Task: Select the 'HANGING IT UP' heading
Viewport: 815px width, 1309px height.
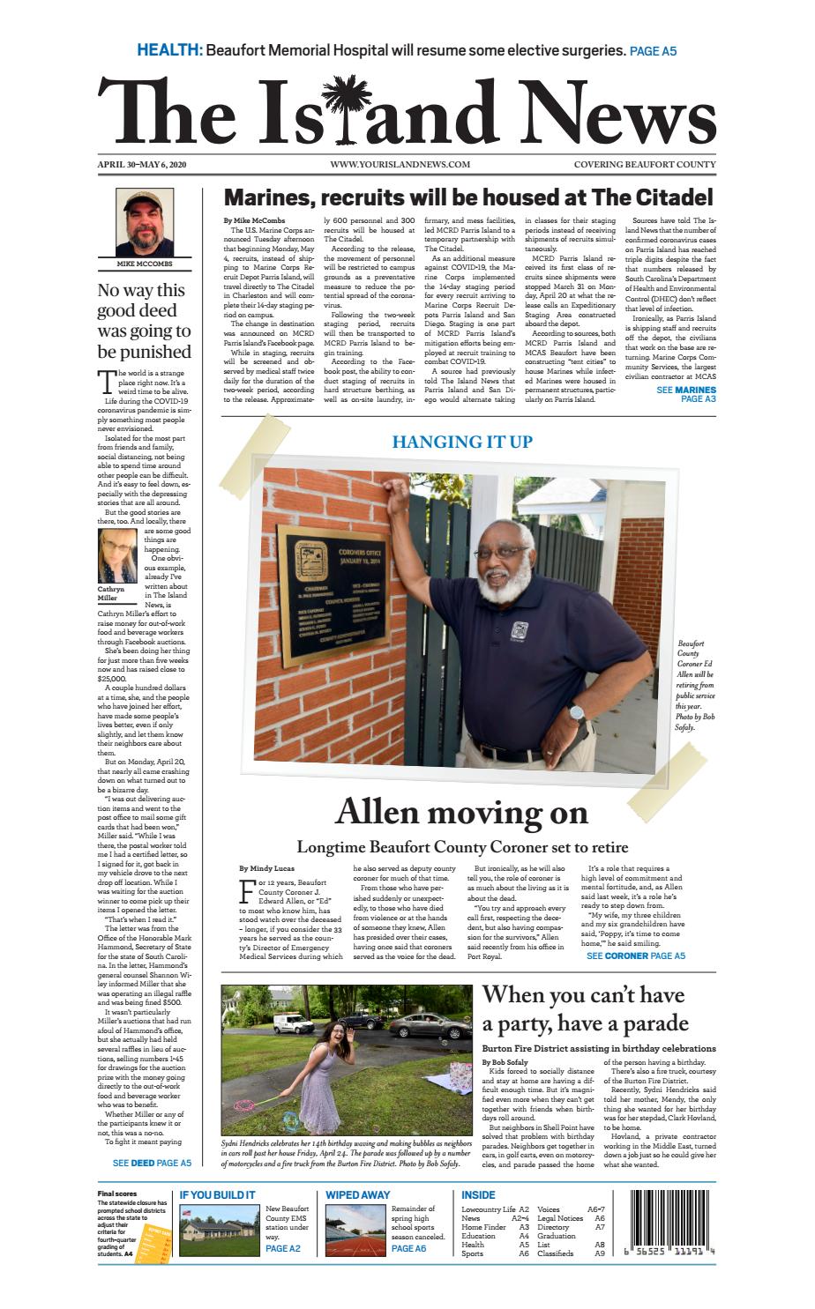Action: [462, 441]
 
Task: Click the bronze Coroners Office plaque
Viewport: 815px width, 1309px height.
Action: [334, 583]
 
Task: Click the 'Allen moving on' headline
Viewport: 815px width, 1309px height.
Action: [461, 812]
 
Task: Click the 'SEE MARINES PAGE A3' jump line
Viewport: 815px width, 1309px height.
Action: [685, 394]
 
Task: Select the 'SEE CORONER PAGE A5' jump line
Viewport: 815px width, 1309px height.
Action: [635, 956]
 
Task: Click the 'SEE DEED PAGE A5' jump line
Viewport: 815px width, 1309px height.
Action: [152, 1163]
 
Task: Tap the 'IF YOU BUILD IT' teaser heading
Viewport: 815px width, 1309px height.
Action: [218, 1194]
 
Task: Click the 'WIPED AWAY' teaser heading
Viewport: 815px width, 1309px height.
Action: [357, 1194]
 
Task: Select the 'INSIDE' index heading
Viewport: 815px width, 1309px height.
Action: [479, 1194]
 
